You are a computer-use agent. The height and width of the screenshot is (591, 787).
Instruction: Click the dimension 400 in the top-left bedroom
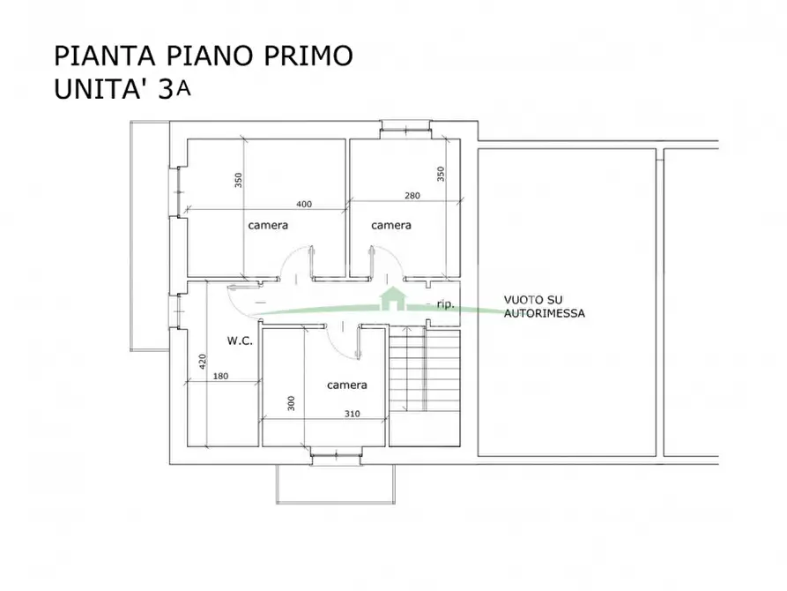[x=304, y=204]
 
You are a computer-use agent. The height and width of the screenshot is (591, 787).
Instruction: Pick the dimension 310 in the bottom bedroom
[x=352, y=413]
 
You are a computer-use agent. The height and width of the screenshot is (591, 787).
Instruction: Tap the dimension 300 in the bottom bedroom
[x=291, y=403]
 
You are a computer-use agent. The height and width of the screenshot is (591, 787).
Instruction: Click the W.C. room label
[x=240, y=340]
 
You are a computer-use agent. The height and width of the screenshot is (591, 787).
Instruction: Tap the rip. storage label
[x=446, y=304]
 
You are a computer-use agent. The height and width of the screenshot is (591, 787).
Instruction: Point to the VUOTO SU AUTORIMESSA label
[x=544, y=306]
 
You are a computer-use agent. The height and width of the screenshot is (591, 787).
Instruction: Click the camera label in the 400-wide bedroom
[x=268, y=225]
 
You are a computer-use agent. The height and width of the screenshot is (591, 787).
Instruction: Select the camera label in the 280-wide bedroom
[x=390, y=225]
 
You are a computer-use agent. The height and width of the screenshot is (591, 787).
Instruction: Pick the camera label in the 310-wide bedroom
[x=347, y=385]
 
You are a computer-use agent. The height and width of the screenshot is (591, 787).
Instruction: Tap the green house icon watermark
[x=390, y=298]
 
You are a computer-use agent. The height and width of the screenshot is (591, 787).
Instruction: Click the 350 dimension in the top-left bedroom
[x=238, y=180]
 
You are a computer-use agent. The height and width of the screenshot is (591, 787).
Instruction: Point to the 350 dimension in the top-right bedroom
[x=440, y=174]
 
